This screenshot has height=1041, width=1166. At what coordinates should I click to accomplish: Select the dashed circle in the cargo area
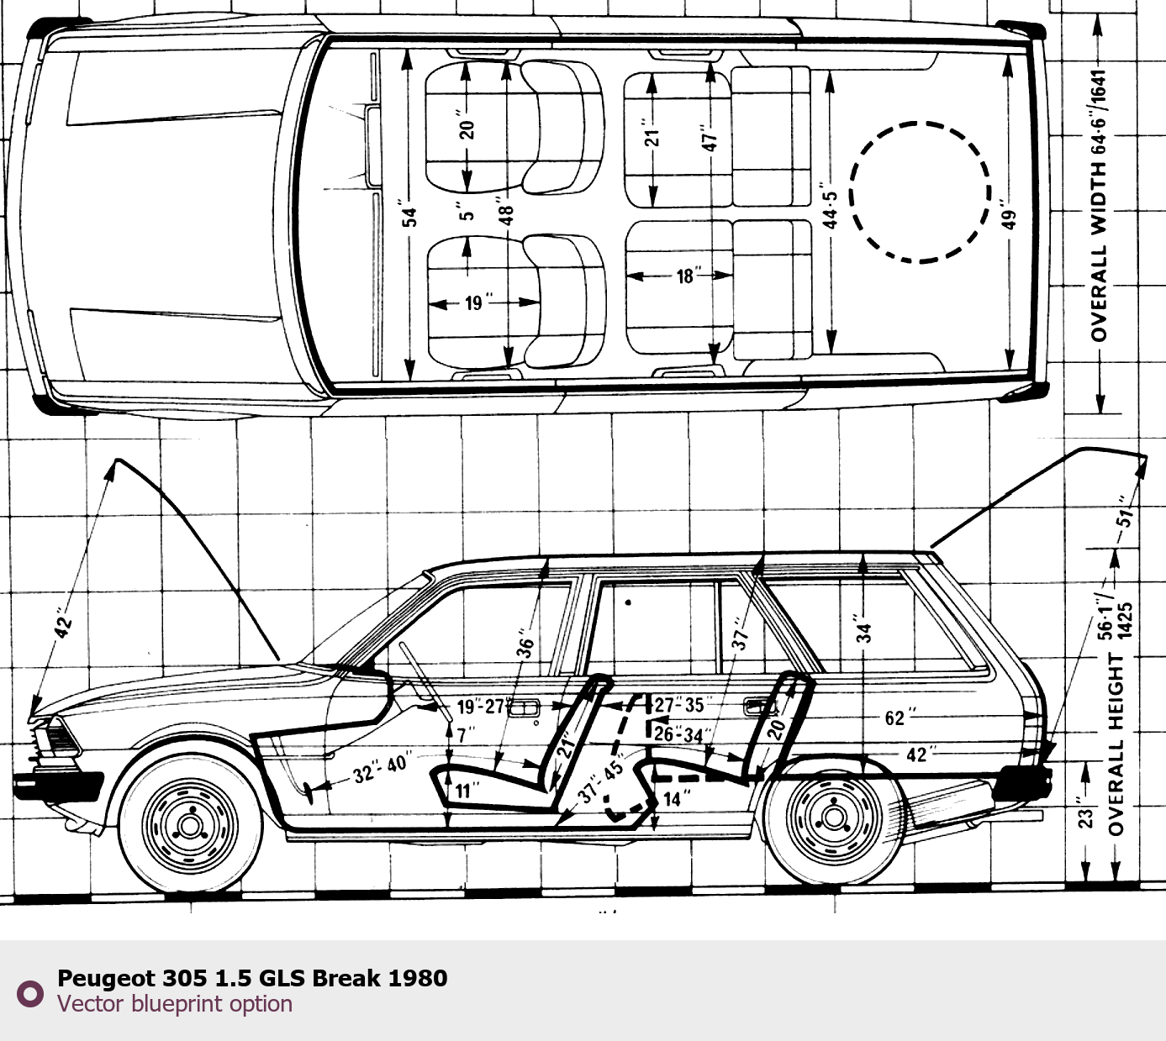(921, 192)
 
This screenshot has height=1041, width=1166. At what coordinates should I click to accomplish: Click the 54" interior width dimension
(409, 216)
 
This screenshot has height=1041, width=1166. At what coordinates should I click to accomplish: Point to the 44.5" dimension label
(831, 209)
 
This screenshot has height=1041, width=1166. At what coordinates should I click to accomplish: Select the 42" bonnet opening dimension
(64, 623)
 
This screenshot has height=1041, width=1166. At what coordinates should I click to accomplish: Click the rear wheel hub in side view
(834, 817)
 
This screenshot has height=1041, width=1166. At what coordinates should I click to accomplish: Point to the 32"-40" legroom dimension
(380, 767)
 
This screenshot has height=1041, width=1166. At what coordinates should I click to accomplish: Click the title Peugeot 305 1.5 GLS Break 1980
(251, 978)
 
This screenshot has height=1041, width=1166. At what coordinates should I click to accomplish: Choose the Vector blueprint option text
(175, 1004)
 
